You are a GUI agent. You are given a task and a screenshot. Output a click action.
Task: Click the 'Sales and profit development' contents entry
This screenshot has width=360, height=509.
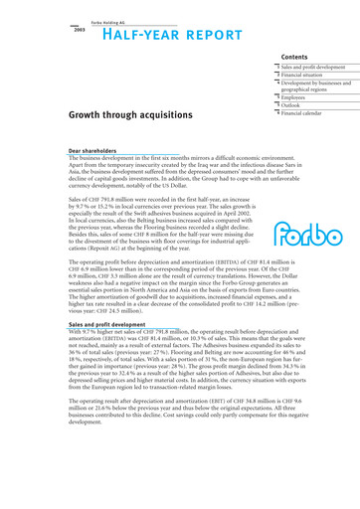[319, 69]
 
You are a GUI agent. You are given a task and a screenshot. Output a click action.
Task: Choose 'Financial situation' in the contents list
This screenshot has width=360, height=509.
[307, 78]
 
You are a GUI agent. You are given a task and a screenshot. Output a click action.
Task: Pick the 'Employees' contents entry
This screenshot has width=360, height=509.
[297, 101]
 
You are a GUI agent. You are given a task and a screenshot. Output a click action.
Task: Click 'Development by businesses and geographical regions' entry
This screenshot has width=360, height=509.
[321, 89]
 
